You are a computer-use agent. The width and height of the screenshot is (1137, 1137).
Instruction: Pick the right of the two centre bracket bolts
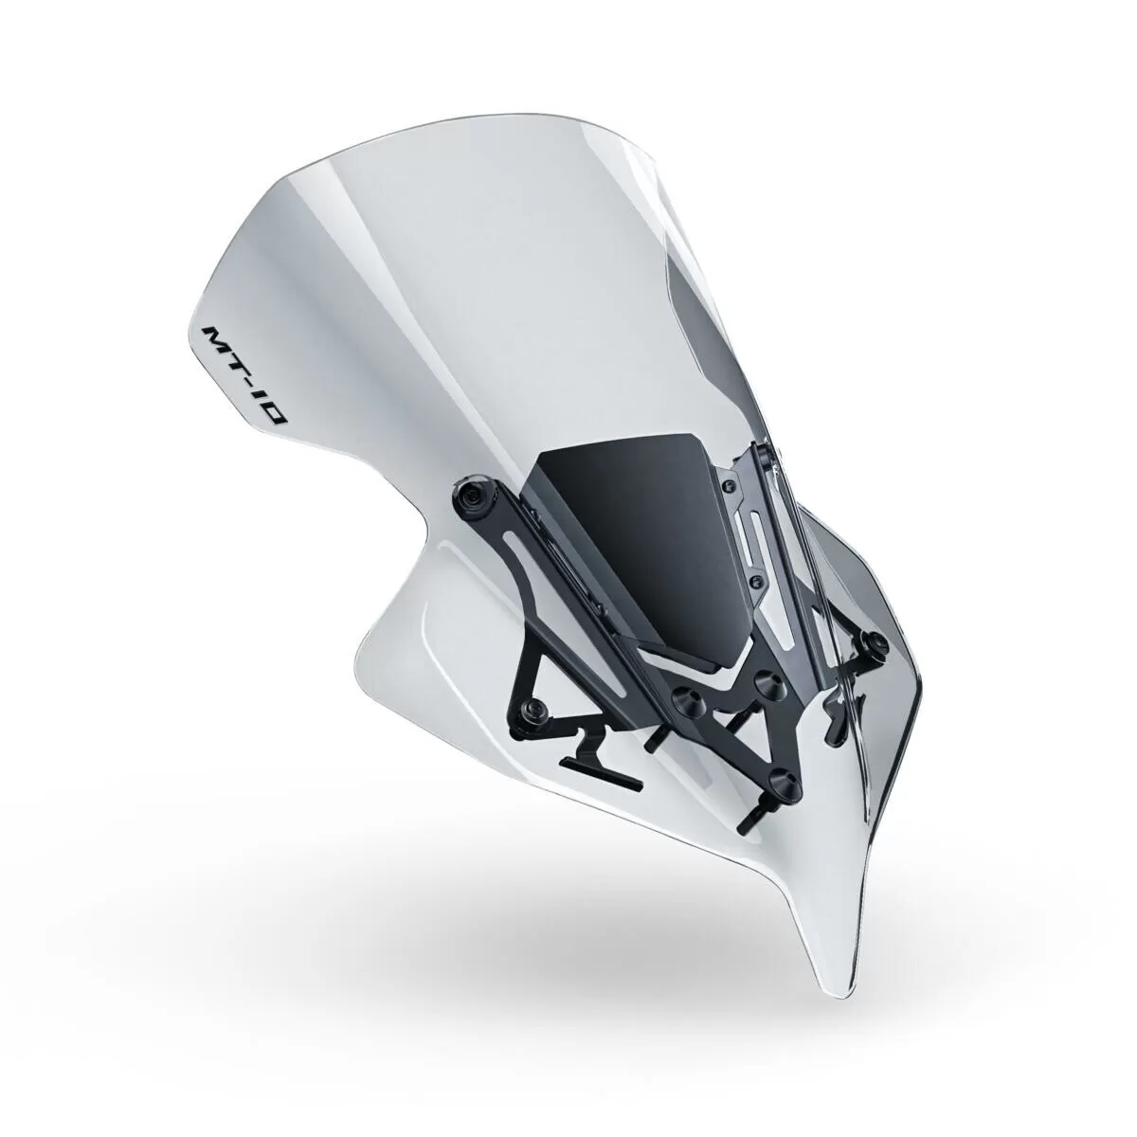(761, 683)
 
